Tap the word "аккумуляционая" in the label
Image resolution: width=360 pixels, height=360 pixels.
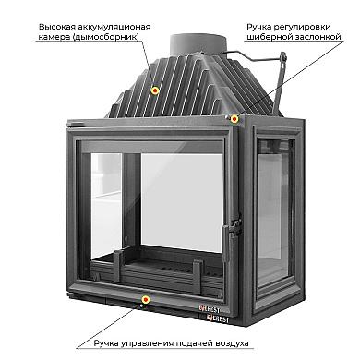tap(114, 27)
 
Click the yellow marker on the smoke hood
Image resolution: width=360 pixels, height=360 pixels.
tap(155, 90)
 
